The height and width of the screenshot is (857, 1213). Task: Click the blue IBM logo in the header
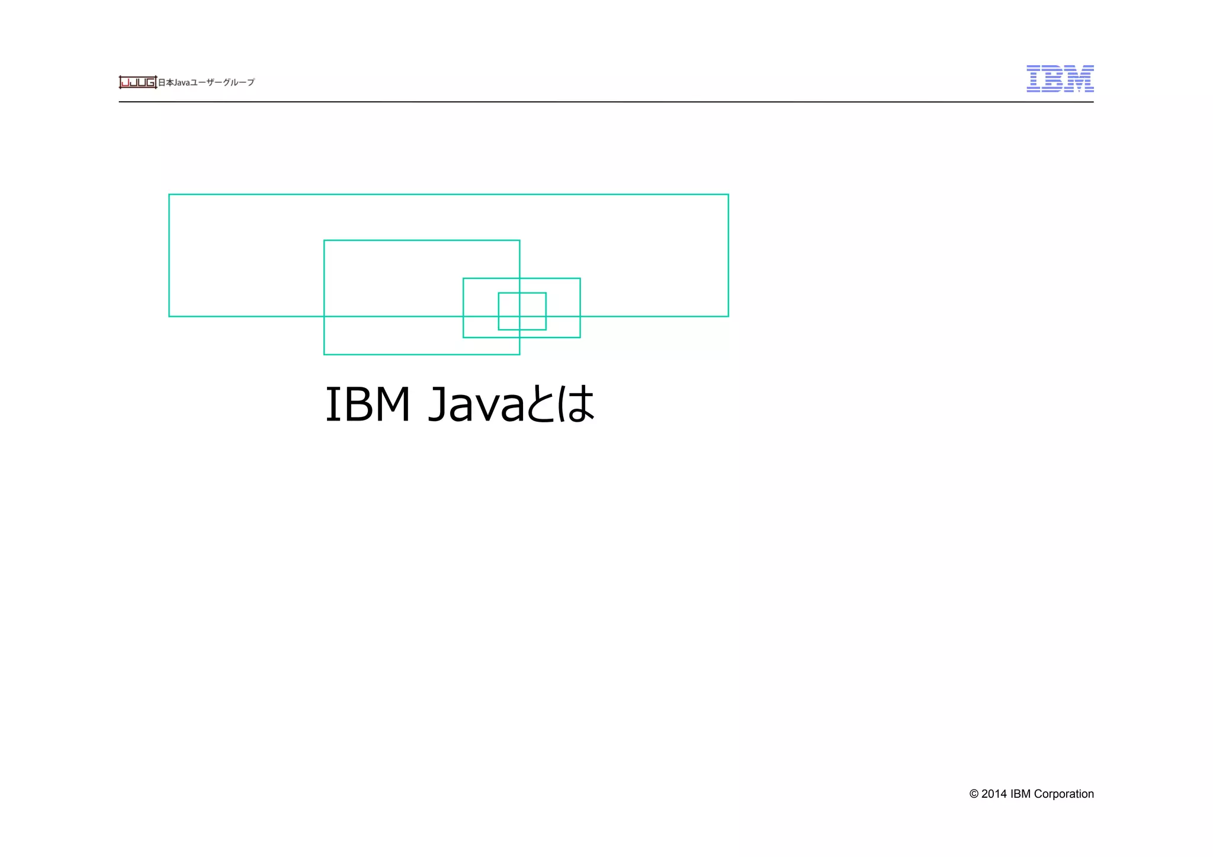1060,79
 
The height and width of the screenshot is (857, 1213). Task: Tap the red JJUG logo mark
137,82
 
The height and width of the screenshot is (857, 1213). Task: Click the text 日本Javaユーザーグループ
206,82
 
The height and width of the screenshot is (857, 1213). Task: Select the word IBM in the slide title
368,405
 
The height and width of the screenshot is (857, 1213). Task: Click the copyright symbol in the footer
974,794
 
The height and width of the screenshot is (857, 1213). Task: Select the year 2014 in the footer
994,794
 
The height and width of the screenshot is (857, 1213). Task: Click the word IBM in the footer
1021,794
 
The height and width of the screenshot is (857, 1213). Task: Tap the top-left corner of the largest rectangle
169,194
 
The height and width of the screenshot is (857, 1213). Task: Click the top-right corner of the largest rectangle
728,194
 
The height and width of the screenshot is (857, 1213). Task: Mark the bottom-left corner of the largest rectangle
169,316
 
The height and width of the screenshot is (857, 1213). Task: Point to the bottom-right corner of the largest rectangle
728,316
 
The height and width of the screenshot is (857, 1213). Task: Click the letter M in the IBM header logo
1079,79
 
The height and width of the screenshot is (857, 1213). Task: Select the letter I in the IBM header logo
1034,79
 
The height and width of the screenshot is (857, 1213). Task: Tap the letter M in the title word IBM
389,405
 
